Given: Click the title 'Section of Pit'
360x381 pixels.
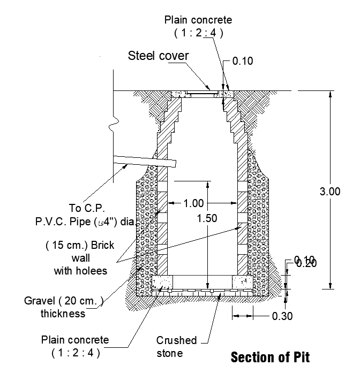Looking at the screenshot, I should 270,357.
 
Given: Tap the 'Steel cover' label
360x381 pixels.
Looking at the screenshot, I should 158,56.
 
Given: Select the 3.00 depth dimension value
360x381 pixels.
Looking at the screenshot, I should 329,192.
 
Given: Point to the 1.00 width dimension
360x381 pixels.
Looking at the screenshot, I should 193,203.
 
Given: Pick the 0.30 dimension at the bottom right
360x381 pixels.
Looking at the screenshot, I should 282,316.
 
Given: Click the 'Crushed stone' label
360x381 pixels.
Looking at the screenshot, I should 176,347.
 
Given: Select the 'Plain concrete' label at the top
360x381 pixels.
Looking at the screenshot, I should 198,20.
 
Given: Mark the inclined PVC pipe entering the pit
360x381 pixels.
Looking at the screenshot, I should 145,161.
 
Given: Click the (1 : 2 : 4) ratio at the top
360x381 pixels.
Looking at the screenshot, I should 198,33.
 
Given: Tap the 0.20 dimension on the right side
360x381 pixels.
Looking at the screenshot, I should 306,263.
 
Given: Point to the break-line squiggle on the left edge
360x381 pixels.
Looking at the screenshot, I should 114,126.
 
